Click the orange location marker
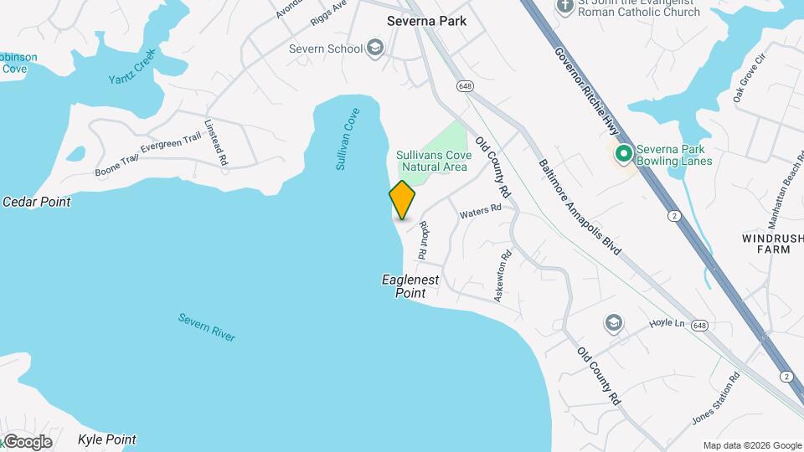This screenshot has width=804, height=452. coord(402,199)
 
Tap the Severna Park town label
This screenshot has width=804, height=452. coord(426,20)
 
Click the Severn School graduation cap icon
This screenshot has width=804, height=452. coord(374,48)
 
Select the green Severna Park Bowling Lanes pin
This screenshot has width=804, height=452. coord(623,154)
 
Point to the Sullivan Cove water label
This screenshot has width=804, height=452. coord(348,139)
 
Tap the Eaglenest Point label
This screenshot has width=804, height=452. coord(410,286)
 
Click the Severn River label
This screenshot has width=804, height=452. coord(207,326)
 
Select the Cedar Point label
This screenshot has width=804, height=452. coord(37,202)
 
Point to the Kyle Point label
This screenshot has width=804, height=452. coord(106,439)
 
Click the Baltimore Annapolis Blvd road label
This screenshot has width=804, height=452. coord(580,208)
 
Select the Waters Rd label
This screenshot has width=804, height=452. coord(481,212)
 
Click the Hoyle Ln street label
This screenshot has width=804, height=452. coord(667,323)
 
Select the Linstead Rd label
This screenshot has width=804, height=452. coord(216,141)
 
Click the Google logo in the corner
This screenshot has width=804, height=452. coord(28,442)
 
